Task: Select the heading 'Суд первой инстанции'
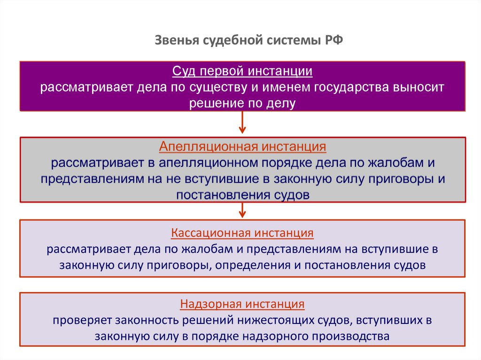[x=242, y=72]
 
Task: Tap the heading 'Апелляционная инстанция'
[x=242, y=147]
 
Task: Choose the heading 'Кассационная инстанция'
[x=242, y=232]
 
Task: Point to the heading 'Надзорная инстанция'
[x=242, y=304]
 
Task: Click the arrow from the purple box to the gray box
[x=242, y=123]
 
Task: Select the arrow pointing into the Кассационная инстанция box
[x=242, y=210]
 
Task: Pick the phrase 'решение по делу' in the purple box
[x=242, y=103]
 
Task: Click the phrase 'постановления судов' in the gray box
[x=242, y=194]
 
